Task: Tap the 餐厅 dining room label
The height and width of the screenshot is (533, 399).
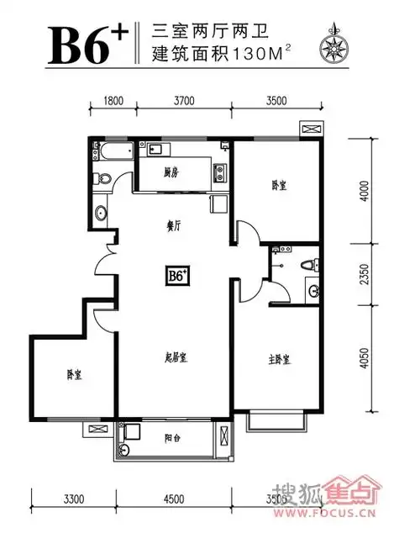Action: pos(174,225)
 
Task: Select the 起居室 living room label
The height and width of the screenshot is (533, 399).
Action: pos(175,357)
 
